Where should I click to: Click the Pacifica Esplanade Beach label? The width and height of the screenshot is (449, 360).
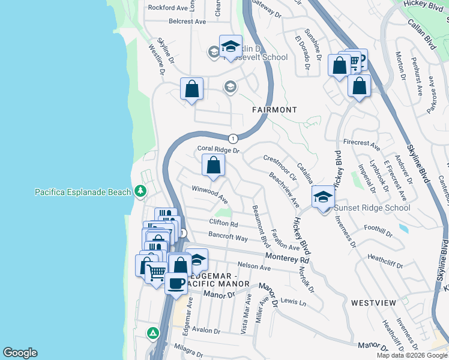click(82, 192)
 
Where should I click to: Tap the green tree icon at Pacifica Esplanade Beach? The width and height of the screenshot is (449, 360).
click(140, 191)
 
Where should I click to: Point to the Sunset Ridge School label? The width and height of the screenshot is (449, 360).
click(372, 208)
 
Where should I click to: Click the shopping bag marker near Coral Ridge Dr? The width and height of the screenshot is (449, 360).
click(213, 165)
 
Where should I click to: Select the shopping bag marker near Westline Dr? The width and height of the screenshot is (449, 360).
click(191, 90)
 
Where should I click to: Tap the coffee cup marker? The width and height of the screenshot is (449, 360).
click(176, 283)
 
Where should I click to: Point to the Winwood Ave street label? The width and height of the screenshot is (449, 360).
click(209, 194)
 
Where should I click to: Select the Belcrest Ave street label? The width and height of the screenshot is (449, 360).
click(187, 21)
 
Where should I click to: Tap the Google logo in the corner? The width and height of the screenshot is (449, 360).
click(20, 353)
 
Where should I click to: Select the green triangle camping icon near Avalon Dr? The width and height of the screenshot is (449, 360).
click(154, 332)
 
